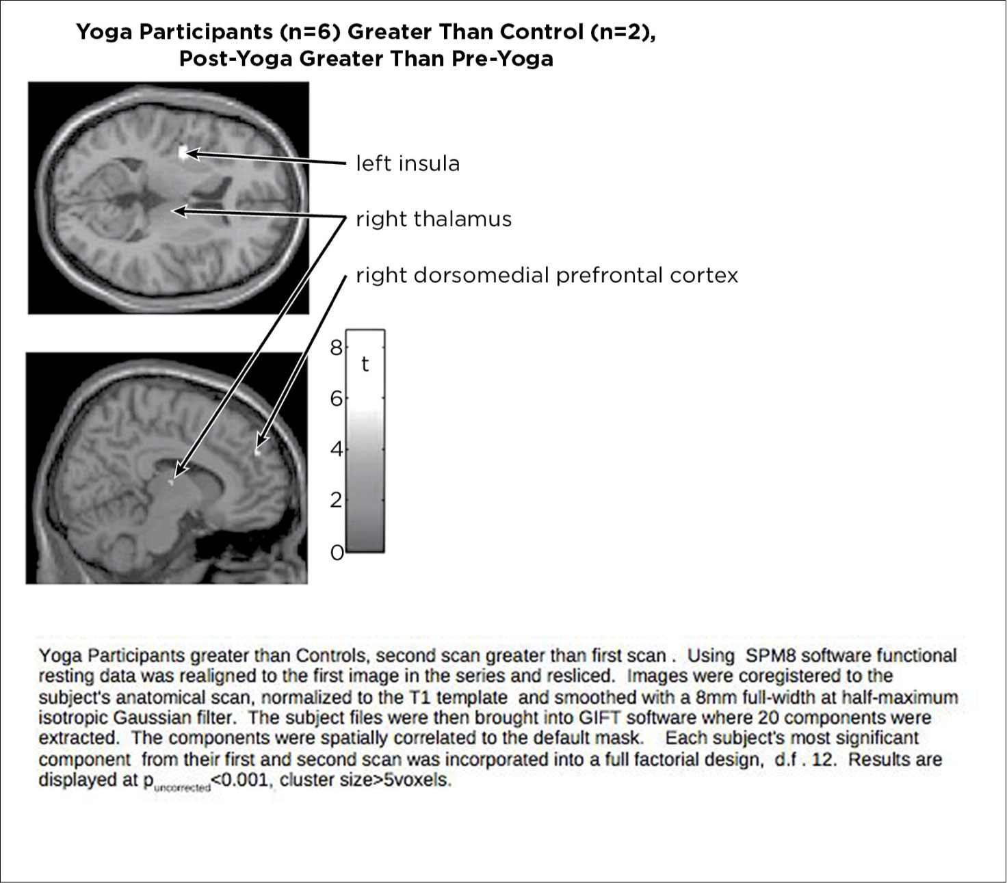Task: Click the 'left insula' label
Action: tap(408, 163)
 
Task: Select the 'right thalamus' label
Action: tap(434, 220)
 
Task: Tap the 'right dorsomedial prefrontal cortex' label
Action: tap(547, 276)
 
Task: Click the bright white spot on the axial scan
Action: tap(182, 153)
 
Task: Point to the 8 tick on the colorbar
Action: tap(336, 347)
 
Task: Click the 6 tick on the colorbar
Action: tap(336, 398)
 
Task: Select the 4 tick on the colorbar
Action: tap(336, 449)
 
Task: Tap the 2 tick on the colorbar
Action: tap(336, 500)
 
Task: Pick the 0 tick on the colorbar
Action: tap(336, 551)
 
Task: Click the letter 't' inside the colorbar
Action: tap(365, 364)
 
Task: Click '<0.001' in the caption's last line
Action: tap(242, 779)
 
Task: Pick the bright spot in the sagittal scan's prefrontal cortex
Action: tap(258, 451)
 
